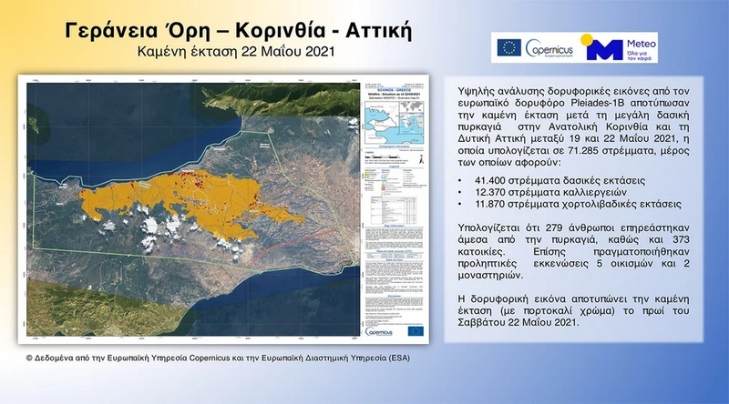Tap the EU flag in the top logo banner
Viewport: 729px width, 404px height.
(508, 47)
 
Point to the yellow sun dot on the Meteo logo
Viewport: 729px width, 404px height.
(590, 40)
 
